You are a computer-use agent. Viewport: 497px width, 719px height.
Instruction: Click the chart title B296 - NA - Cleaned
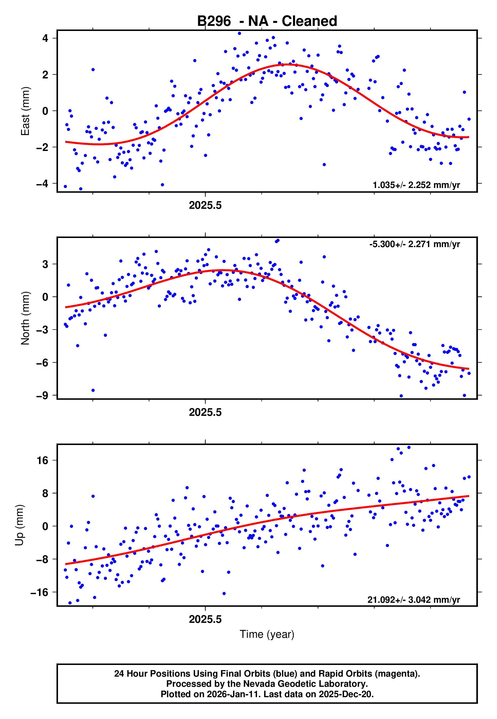[x=267, y=21]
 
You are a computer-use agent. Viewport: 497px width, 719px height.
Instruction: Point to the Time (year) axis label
[x=267, y=634]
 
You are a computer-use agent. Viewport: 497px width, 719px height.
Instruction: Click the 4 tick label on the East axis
[x=45, y=38]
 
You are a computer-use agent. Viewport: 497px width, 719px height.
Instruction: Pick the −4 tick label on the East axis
[x=42, y=183]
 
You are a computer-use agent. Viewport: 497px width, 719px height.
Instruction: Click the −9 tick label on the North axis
[x=42, y=395]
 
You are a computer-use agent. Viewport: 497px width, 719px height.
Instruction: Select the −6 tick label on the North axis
[x=42, y=363]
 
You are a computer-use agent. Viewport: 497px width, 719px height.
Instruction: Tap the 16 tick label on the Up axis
[x=43, y=460]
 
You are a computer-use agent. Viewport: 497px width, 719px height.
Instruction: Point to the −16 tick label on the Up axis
[x=40, y=592]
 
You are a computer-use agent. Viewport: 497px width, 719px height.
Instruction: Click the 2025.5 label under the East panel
[x=205, y=206]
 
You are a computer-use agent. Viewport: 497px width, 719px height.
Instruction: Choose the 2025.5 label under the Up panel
[x=205, y=619]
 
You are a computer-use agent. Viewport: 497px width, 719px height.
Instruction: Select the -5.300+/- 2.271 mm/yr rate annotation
[x=414, y=244]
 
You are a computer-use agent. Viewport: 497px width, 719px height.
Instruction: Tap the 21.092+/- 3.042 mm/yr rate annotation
[x=414, y=600]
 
